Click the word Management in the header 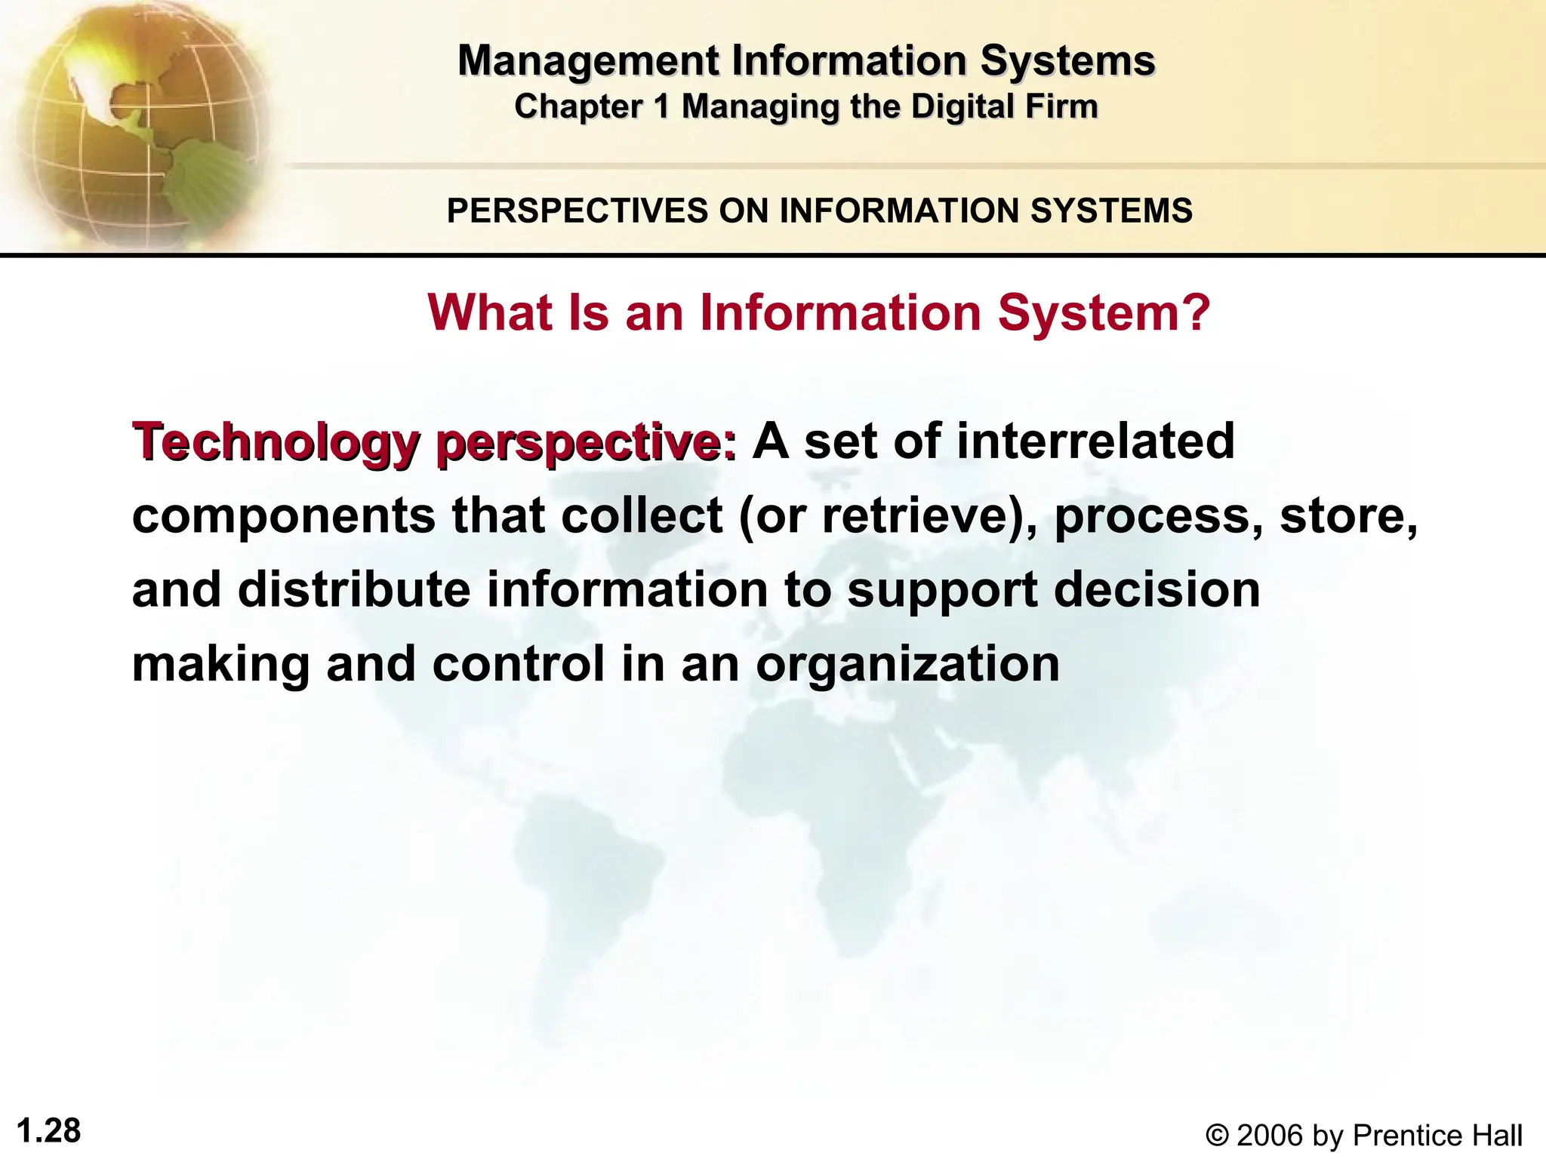[588, 60]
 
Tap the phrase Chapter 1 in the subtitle [592, 106]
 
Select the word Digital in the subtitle [952, 106]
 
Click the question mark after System [1196, 312]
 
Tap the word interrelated [1095, 441]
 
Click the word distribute [354, 589]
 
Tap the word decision [1156, 589]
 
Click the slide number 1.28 [48, 1131]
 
